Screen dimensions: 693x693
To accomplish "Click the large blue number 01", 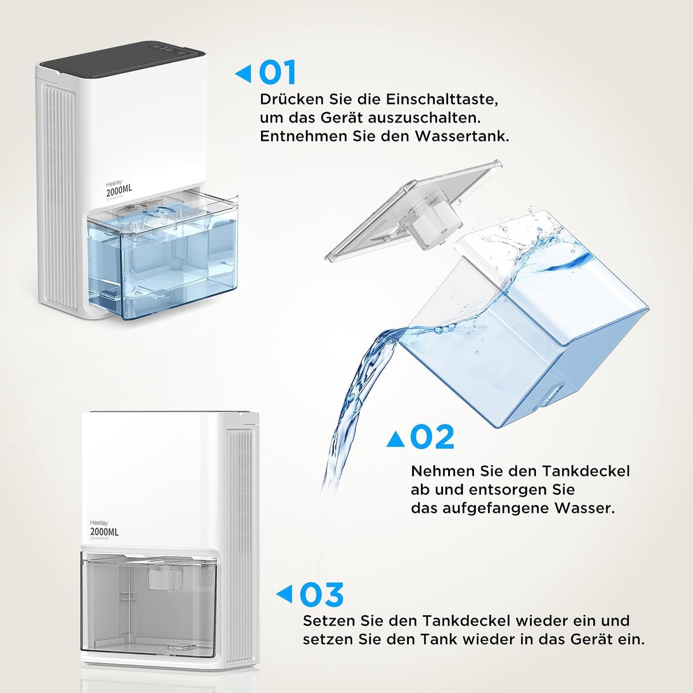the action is click(x=277, y=73).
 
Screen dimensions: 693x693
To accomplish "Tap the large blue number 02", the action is click(x=432, y=437).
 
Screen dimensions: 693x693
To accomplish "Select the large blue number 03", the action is click(x=322, y=594).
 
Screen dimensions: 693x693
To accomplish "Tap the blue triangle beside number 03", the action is click(x=284, y=594).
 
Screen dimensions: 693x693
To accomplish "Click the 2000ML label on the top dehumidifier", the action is click(x=119, y=190).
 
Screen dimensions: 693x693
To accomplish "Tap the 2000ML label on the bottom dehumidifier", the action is click(x=105, y=532).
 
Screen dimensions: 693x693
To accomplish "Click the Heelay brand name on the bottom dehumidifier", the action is click(x=99, y=523).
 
